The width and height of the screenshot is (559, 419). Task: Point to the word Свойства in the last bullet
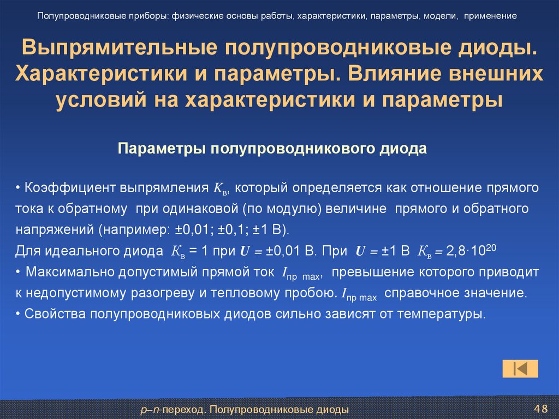[47, 314]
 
